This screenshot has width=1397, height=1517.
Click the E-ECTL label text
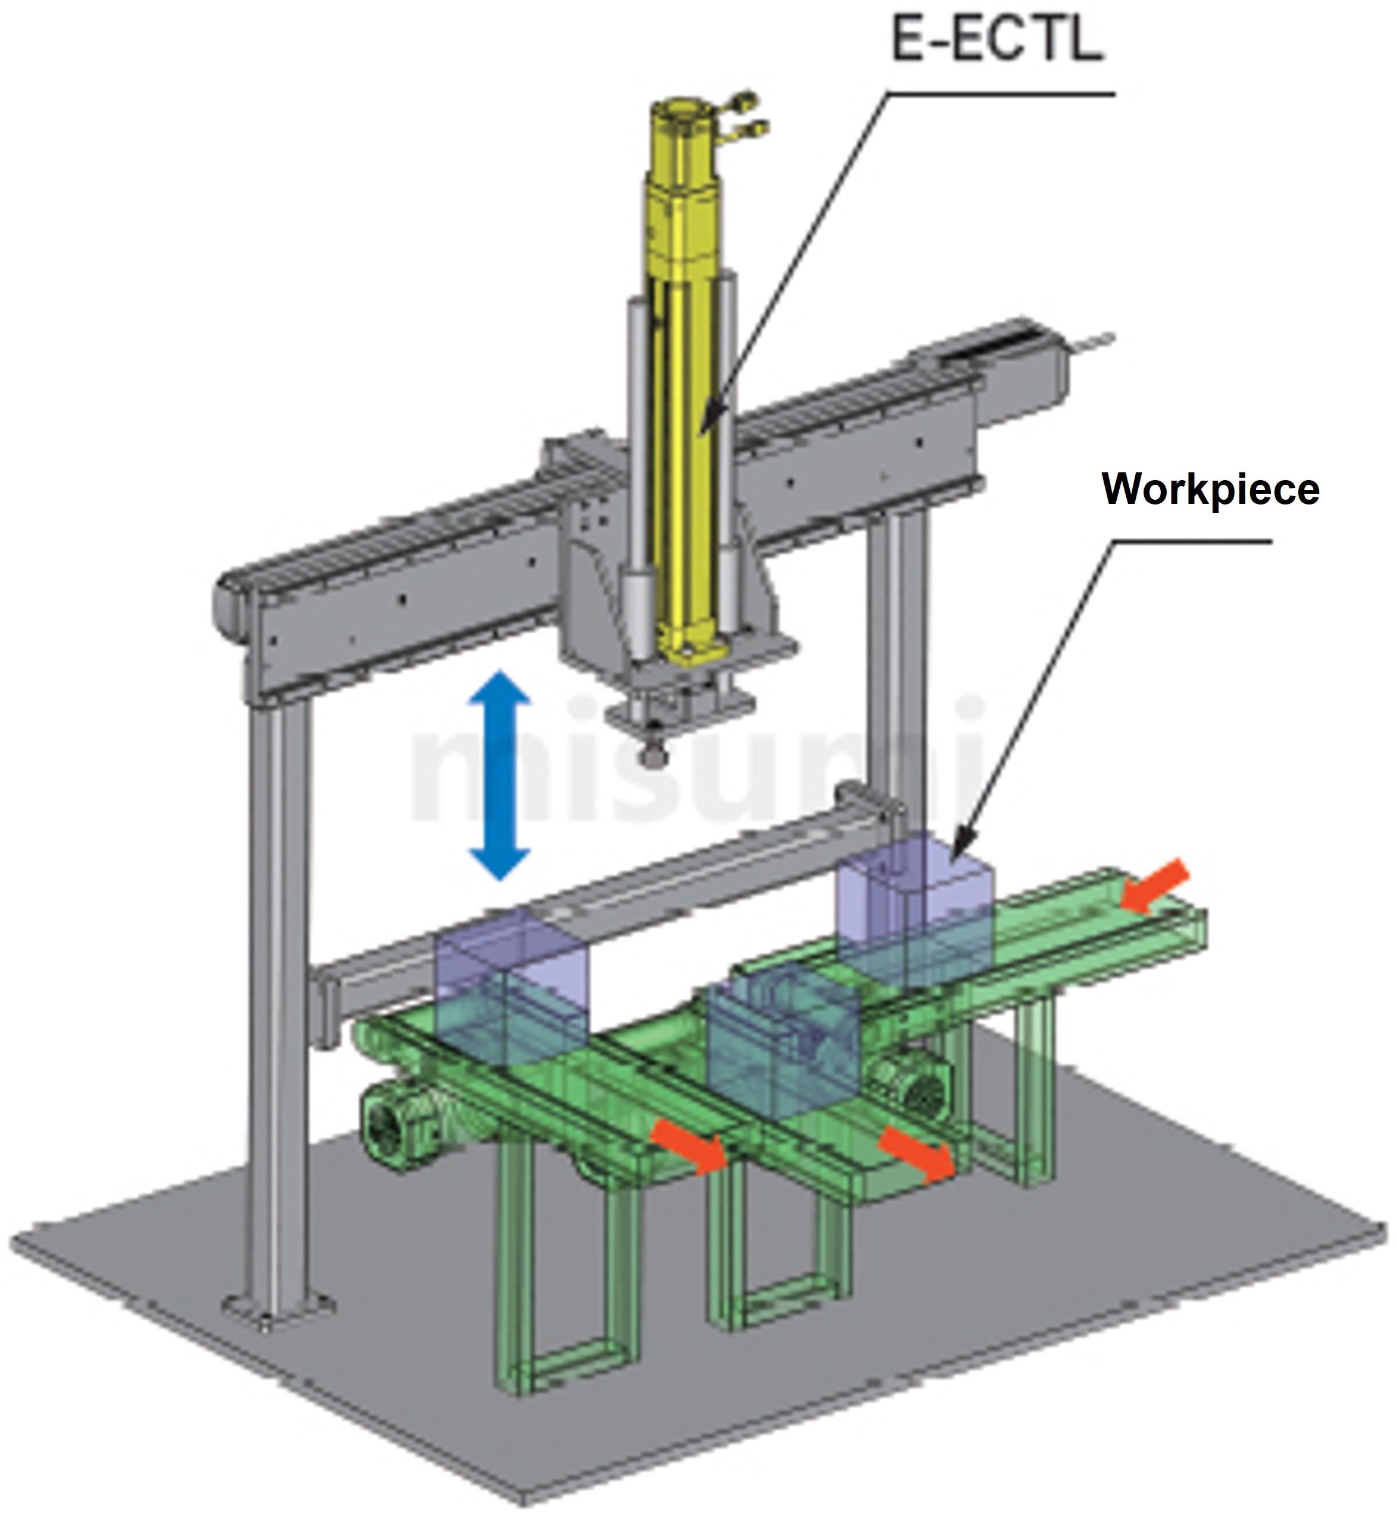[x=998, y=39]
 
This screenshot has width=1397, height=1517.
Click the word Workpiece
[x=1210, y=490]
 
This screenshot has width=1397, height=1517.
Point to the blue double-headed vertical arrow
[x=499, y=776]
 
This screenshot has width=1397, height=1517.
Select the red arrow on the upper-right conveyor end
[x=1154, y=885]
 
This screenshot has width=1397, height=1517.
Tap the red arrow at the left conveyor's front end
[x=690, y=1146]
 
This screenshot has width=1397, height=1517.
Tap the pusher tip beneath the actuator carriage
[x=651, y=754]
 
